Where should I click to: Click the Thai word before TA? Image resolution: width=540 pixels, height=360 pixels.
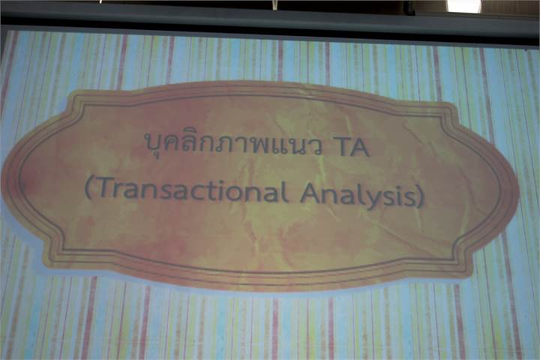click(x=233, y=145)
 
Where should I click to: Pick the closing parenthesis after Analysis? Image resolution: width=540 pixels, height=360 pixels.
click(x=420, y=197)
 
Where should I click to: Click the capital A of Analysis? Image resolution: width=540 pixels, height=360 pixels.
click(x=309, y=192)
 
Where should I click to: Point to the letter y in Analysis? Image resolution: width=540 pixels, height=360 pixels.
click(x=379, y=199)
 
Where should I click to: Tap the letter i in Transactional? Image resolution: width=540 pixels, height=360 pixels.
click(x=222, y=190)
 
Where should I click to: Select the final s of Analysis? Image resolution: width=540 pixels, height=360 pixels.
click(x=409, y=199)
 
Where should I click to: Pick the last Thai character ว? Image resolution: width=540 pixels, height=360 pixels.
click(x=316, y=148)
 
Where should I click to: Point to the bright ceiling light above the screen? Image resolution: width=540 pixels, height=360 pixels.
click(x=463, y=6)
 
